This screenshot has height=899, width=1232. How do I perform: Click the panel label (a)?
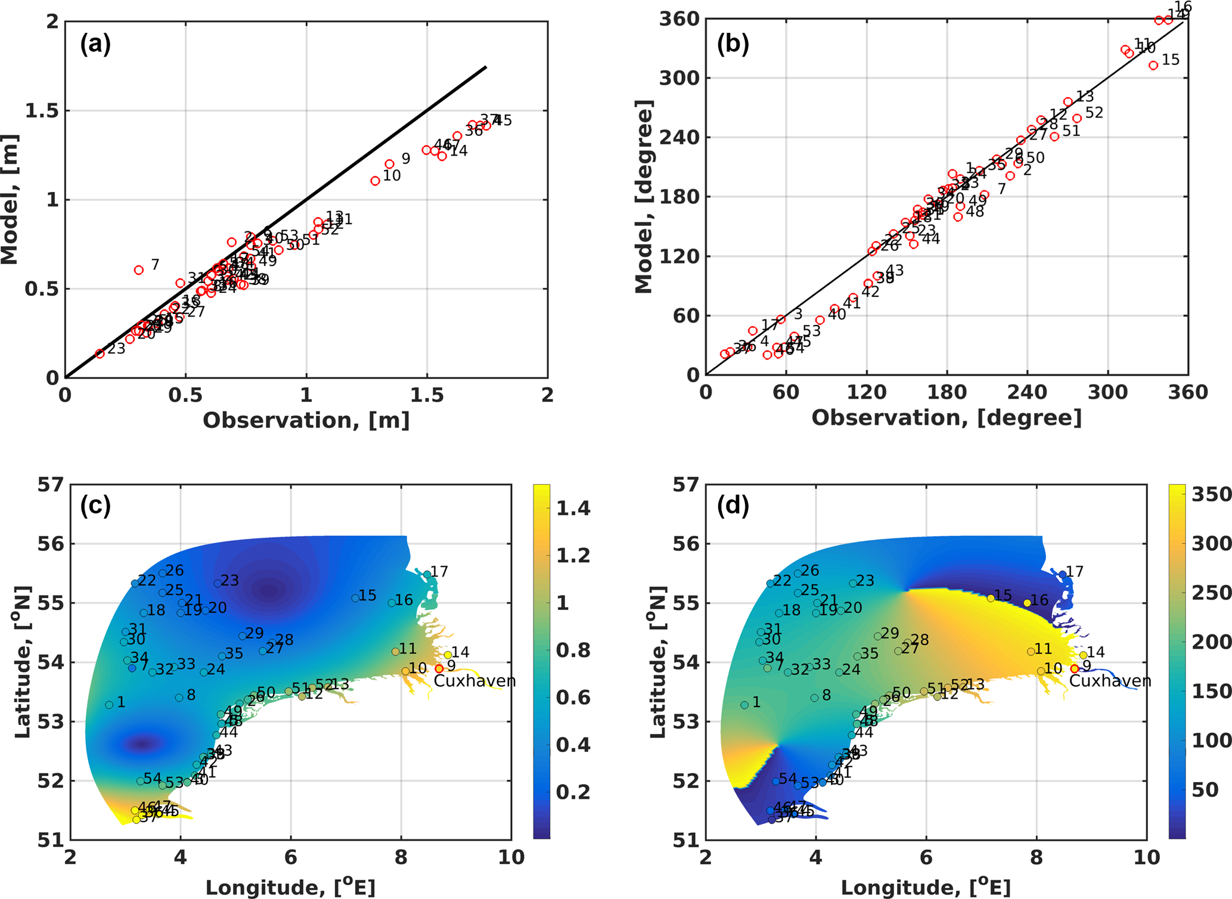point(95,44)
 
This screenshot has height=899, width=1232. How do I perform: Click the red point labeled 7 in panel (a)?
point(139,270)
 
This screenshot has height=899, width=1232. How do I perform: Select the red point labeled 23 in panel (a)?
point(100,354)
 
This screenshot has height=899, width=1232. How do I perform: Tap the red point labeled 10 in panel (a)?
point(375,181)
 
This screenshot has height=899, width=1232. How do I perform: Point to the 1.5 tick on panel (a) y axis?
point(45,111)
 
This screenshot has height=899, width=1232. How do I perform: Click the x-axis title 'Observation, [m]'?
point(306,420)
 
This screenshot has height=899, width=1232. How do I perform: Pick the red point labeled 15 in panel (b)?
point(1153,66)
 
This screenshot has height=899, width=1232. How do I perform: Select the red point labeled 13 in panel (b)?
point(1068,102)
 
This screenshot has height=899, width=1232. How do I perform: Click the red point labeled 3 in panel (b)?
point(781,320)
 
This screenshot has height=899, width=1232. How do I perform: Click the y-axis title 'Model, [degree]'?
point(644,197)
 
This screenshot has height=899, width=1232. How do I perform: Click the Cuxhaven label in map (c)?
point(474,681)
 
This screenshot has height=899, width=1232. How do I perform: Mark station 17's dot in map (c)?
point(427,574)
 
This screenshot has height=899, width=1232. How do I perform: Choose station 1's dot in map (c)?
point(109,705)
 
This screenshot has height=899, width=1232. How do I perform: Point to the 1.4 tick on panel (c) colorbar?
point(573,509)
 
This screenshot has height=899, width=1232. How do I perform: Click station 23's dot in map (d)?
point(853,583)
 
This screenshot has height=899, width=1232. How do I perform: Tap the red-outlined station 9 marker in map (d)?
point(1075,669)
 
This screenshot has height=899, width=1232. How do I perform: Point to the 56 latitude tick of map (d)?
point(685,544)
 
